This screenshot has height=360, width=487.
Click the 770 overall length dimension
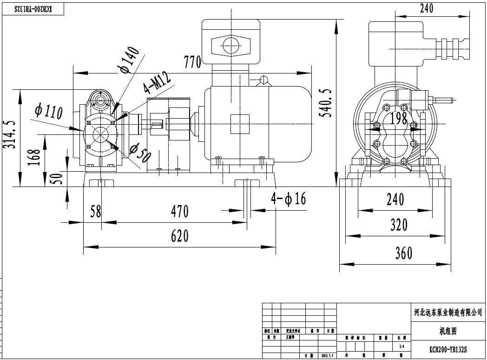192,61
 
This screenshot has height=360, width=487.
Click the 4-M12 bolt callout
157,82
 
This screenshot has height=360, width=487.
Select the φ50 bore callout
140,152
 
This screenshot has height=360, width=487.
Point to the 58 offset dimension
96,212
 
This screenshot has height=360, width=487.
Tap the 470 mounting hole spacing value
179,212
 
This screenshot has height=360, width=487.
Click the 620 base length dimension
179,236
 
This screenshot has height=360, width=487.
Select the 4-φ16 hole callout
289,199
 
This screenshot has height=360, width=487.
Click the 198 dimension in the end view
398,119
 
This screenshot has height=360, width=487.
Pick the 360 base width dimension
403,253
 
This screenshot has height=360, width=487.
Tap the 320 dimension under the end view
399,225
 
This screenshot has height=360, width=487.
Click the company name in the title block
448,313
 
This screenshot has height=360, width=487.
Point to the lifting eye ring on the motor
264,80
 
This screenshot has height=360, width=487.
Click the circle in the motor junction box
230,46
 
